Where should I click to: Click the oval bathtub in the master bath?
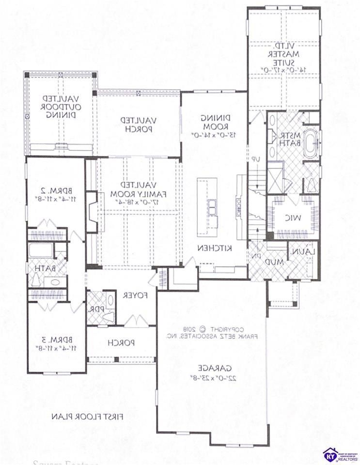tap(310, 144)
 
